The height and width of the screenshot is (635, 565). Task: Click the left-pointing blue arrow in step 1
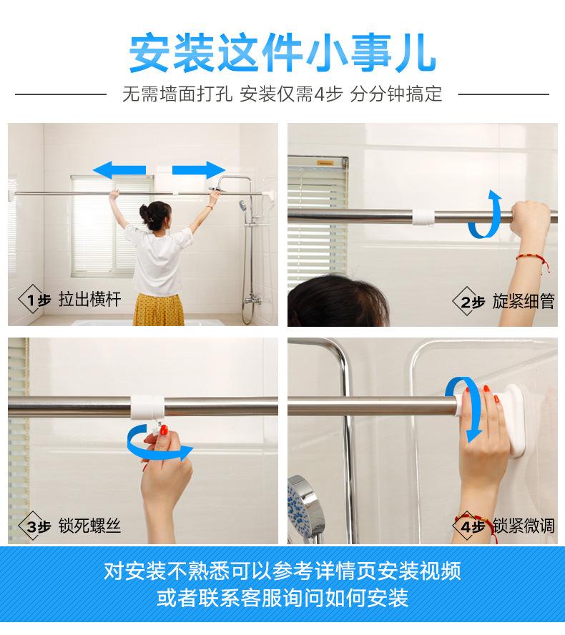119,170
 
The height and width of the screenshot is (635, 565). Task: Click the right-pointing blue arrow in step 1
198,170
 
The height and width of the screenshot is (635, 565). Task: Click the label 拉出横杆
90,300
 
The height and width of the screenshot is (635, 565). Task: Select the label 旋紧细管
524,302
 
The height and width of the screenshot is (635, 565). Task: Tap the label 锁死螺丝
90,526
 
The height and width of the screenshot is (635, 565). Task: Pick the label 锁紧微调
524,526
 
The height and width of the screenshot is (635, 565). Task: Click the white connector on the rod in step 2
423,217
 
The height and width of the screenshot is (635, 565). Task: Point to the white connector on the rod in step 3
147,407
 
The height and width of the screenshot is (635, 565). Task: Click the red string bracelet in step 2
534,260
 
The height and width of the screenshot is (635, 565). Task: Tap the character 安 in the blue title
149,54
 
